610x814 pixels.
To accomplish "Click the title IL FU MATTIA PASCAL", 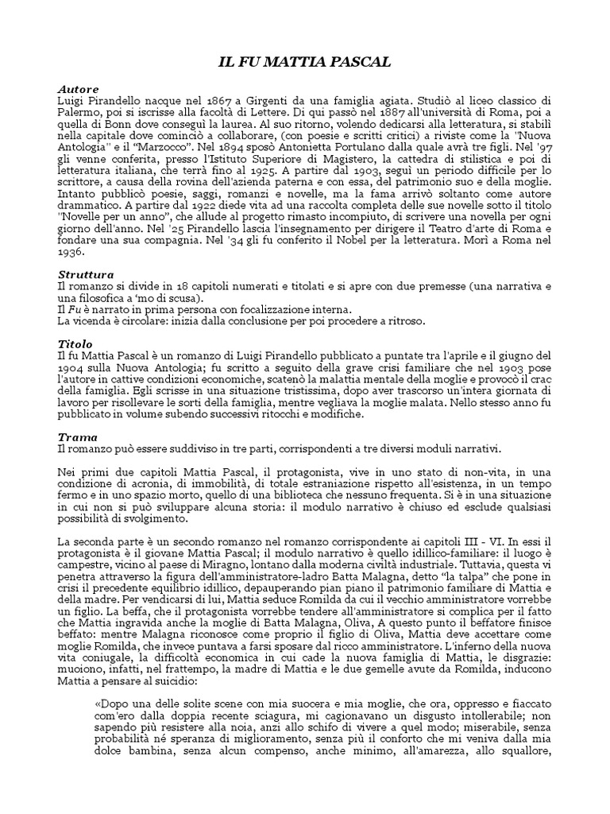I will click(x=305, y=62).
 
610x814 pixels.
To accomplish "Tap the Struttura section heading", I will click(x=86, y=274).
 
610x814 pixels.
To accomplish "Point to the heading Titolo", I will click(x=75, y=343).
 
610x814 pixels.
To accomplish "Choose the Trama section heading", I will click(x=78, y=436).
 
